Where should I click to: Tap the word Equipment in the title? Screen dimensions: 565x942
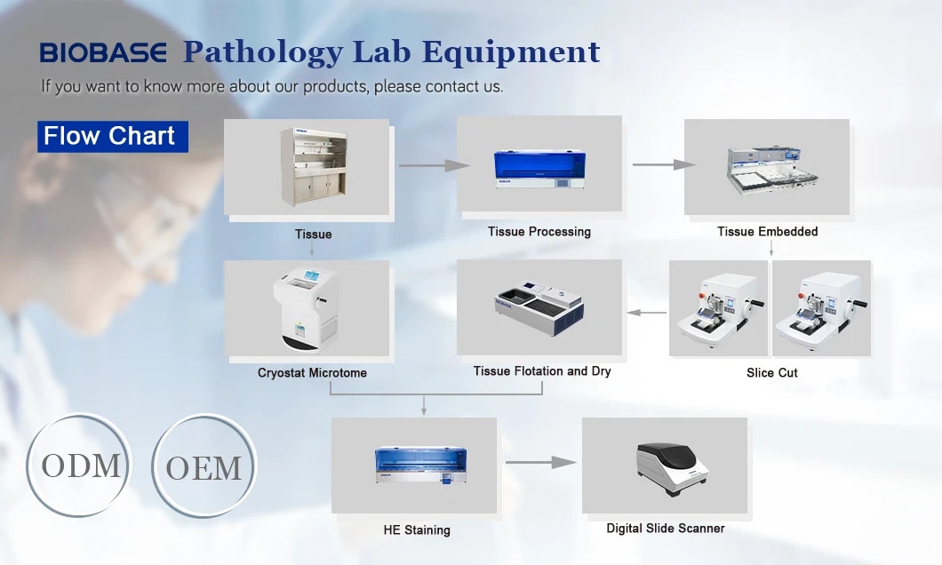point(511,52)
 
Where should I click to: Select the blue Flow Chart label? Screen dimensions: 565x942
point(109,137)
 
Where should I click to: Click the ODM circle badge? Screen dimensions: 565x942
point(80,466)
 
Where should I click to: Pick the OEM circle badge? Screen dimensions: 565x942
point(204,467)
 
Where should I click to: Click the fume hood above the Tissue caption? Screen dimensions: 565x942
point(312,168)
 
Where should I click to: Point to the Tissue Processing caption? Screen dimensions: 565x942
point(539,232)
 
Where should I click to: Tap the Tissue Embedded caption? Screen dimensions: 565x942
point(767,232)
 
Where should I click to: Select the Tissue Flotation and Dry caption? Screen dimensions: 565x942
point(542,371)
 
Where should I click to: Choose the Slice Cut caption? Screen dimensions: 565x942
point(771,373)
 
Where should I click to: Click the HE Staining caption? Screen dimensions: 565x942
point(417,530)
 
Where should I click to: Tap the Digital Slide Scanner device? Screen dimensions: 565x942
point(672,466)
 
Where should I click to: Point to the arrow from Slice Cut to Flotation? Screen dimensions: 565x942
point(647,313)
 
